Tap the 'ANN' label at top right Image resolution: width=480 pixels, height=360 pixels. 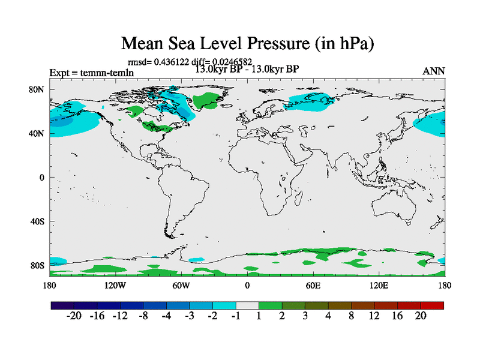coord(434,71)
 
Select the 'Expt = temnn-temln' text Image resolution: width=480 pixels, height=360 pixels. coord(91,73)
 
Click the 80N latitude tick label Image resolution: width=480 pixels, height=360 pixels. coord(37,90)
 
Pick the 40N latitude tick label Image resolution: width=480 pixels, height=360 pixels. coord(37,134)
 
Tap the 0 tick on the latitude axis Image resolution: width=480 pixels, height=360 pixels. coord(43,178)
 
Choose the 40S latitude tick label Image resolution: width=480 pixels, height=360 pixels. coord(37,221)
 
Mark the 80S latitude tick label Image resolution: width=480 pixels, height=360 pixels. coord(37,265)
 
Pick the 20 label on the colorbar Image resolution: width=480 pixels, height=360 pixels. coord(421,316)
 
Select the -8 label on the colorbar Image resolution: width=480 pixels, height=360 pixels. coord(142,316)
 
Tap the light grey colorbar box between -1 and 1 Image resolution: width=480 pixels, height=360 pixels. coord(247,305)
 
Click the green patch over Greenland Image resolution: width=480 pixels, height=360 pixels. coord(208,101)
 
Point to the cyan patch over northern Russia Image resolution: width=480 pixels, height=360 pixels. coord(309,102)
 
